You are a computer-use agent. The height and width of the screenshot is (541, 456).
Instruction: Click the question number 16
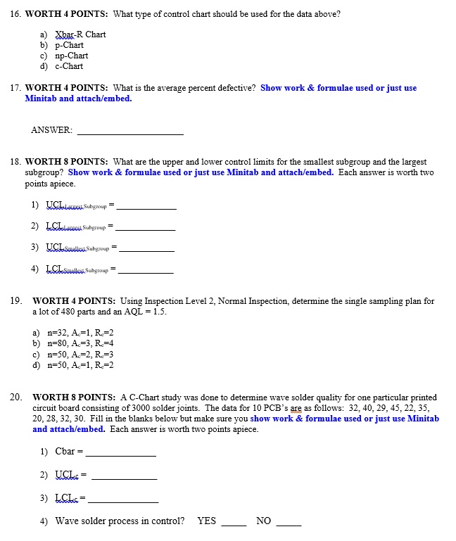[15, 14]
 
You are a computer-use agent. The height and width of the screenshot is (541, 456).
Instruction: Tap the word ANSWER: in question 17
[51, 130]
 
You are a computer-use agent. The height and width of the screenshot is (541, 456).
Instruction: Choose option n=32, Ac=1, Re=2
[80, 333]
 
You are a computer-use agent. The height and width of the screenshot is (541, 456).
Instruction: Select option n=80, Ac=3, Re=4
[80, 343]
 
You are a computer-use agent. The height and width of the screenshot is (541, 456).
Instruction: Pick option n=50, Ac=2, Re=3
[80, 355]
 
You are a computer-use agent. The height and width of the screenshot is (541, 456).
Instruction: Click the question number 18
[15, 161]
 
